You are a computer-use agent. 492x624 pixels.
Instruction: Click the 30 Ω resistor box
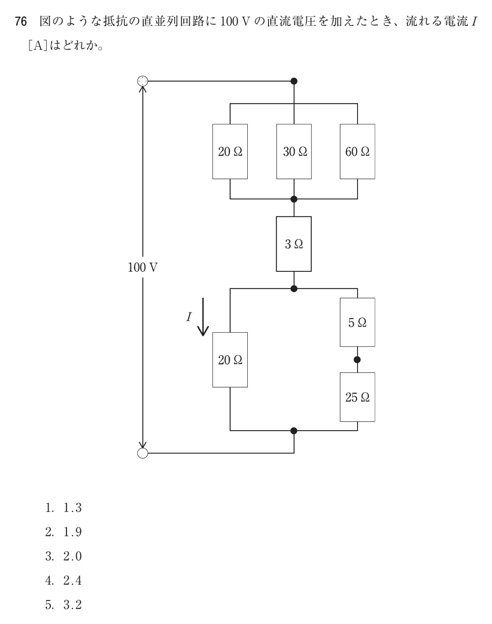(x=294, y=151)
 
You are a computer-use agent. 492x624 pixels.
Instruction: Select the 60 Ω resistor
(x=357, y=151)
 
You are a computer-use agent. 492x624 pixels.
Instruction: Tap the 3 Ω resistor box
(x=294, y=244)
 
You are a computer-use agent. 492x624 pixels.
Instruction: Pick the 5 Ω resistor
(x=357, y=322)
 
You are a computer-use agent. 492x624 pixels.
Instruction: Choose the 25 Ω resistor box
(x=357, y=397)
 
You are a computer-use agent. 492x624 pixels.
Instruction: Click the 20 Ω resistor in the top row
(x=230, y=151)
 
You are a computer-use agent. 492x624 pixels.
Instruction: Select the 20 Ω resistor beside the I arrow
(x=230, y=359)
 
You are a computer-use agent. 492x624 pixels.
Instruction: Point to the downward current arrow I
(x=203, y=316)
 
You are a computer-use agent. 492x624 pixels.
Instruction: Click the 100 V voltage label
(x=143, y=267)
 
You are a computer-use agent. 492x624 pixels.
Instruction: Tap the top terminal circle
(x=143, y=81)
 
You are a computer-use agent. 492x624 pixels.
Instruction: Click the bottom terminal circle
(x=143, y=453)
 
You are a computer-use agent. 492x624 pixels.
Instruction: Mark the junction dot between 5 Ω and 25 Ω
(x=357, y=359)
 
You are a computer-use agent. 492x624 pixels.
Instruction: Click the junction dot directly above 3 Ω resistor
(x=294, y=199)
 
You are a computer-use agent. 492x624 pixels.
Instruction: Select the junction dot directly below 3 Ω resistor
(x=294, y=288)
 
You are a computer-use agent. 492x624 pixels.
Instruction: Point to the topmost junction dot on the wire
(x=294, y=81)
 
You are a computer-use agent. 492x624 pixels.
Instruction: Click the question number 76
(x=21, y=22)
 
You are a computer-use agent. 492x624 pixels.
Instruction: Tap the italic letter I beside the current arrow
(x=189, y=316)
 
